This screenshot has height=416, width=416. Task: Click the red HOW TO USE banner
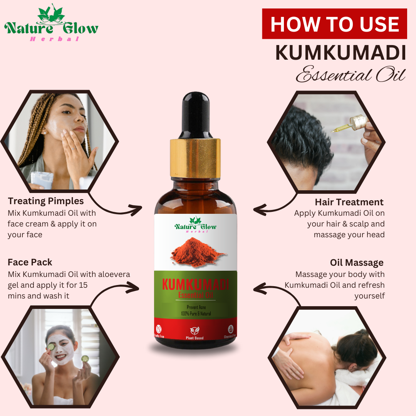pyautogui.click(x=334, y=24)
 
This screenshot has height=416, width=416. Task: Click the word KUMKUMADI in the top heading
pyautogui.click(x=341, y=53)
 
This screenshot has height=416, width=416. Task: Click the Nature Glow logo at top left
pyautogui.click(x=51, y=25)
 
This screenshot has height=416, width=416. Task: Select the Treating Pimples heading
pyautogui.click(x=45, y=201)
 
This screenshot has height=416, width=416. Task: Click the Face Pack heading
pyautogui.click(x=30, y=262)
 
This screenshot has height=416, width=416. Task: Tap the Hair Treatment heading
pyautogui.click(x=349, y=202)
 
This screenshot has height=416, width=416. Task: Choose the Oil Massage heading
pyautogui.click(x=357, y=263)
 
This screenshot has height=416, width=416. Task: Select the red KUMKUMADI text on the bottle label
pyautogui.click(x=196, y=285)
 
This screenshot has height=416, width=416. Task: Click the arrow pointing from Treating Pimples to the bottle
pyautogui.click(x=119, y=208)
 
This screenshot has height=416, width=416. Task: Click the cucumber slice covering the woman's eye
pyautogui.click(x=51, y=346)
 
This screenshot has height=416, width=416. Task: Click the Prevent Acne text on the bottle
pyautogui.click(x=196, y=307)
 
